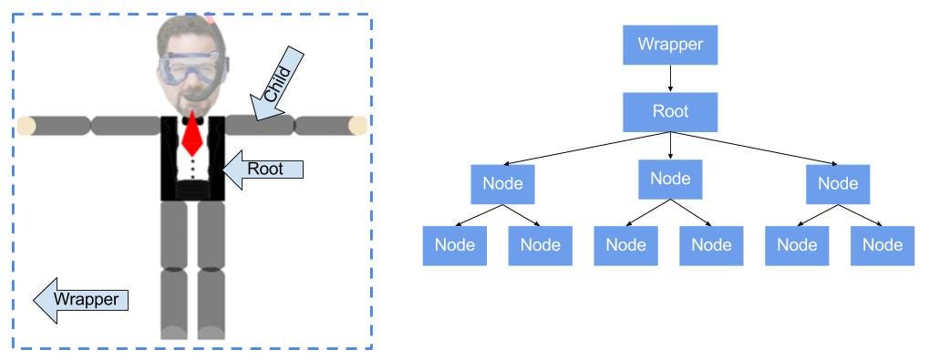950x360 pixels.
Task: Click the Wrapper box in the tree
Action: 670,45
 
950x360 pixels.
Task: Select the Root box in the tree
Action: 670,111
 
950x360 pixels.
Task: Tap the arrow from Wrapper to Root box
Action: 670,78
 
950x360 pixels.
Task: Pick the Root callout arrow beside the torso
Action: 263,170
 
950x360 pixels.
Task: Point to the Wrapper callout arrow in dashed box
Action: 80,300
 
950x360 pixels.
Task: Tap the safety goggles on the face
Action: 189,68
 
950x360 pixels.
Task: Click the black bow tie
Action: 192,120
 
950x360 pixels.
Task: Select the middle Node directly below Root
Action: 670,179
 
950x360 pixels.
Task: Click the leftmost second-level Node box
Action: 503,183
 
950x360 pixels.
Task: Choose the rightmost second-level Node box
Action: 838,183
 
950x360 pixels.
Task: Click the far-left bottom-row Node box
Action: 454,245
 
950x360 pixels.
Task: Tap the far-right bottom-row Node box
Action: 883,245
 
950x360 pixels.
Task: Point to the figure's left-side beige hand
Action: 26,126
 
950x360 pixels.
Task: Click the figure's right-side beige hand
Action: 358,126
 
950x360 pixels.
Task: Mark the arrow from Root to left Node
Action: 586,148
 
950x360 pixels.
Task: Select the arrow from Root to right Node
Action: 755,148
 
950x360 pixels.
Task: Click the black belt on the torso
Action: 192,190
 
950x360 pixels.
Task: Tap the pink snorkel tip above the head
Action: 209,17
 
